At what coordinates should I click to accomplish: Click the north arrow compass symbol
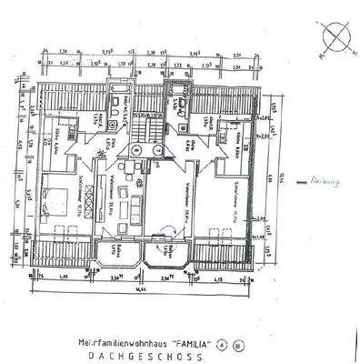337,41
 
